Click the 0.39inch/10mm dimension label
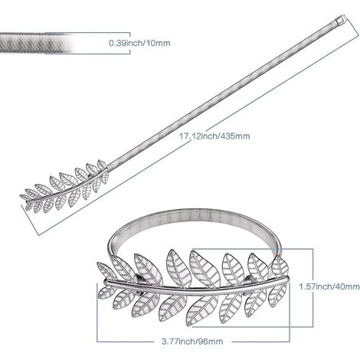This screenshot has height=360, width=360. (x=139, y=43)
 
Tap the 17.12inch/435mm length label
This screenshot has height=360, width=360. (x=214, y=136)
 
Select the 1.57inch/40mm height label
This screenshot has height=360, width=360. (x=329, y=286)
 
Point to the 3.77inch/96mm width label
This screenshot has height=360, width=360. (x=192, y=341)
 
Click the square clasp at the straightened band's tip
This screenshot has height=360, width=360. (x=340, y=19)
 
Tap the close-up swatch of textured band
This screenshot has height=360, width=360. (x=36, y=43)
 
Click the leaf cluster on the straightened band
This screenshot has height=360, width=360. (x=64, y=186)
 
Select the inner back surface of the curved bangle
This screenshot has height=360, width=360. (x=197, y=220)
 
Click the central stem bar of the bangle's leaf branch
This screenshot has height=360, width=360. (x=197, y=288)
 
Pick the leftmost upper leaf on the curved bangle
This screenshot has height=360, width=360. (x=106, y=270)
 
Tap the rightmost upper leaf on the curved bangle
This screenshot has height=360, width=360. (x=280, y=266)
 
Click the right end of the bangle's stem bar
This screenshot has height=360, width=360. (x=287, y=280)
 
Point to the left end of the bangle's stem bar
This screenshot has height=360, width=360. (x=106, y=282)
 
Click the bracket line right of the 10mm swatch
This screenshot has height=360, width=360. (x=130, y=43)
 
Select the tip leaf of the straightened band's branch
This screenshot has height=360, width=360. (x=25, y=198)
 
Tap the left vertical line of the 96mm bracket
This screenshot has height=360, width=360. (x=97, y=312)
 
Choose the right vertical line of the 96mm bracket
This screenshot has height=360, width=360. (x=290, y=312)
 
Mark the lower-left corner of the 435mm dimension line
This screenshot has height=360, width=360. (x=39, y=234)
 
